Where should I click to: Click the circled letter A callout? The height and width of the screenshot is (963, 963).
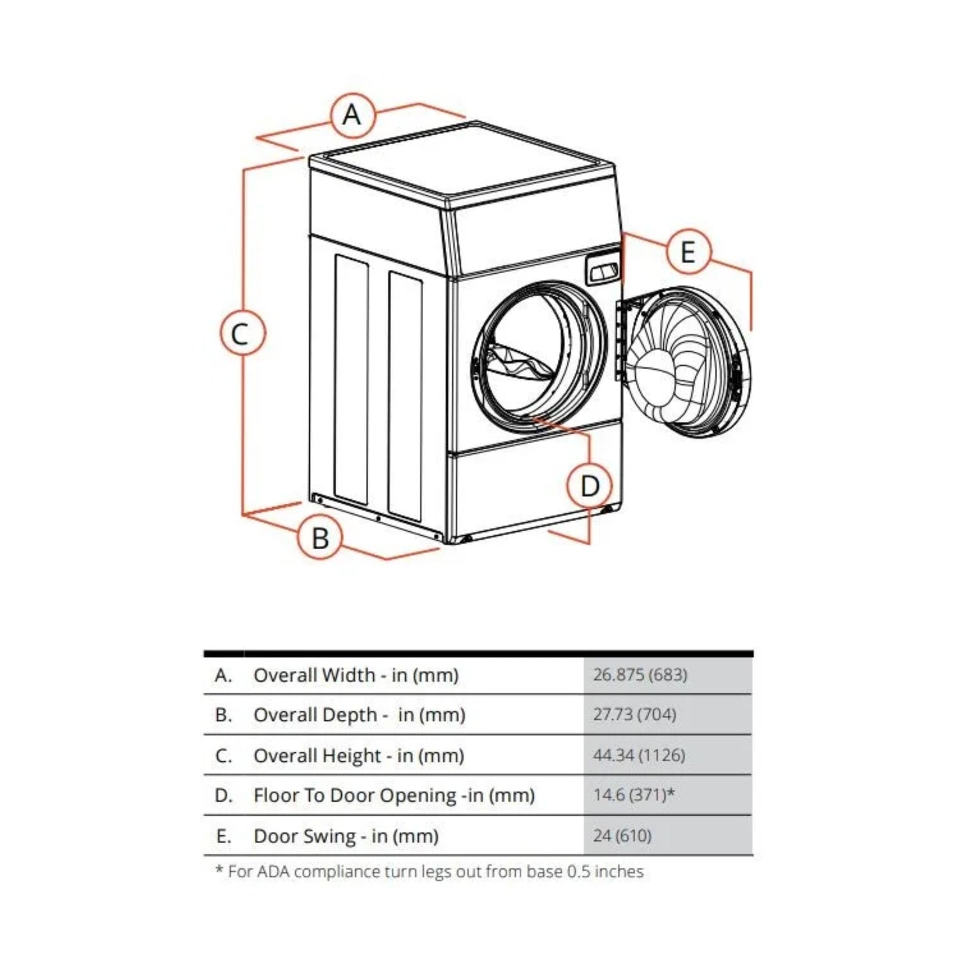[352, 115]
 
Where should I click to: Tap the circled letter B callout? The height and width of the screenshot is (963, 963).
[320, 537]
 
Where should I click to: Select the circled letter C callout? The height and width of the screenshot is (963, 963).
[243, 333]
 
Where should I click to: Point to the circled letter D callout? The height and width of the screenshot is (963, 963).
[589, 485]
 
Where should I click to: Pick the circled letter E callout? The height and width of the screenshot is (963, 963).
[688, 252]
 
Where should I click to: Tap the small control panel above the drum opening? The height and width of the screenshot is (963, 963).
[602, 270]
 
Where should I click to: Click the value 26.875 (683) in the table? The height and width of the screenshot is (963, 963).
[640, 674]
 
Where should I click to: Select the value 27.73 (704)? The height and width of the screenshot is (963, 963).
[634, 714]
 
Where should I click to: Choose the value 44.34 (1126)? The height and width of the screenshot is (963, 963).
[639, 755]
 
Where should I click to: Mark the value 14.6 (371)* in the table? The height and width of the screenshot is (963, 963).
[634, 794]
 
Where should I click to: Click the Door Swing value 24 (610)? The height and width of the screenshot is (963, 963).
[622, 835]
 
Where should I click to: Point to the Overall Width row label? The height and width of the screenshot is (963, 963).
[356, 675]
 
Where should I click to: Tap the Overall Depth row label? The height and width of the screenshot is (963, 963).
[359, 715]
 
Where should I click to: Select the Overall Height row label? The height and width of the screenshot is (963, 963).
[359, 756]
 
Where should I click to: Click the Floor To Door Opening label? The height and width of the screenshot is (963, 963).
[394, 795]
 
